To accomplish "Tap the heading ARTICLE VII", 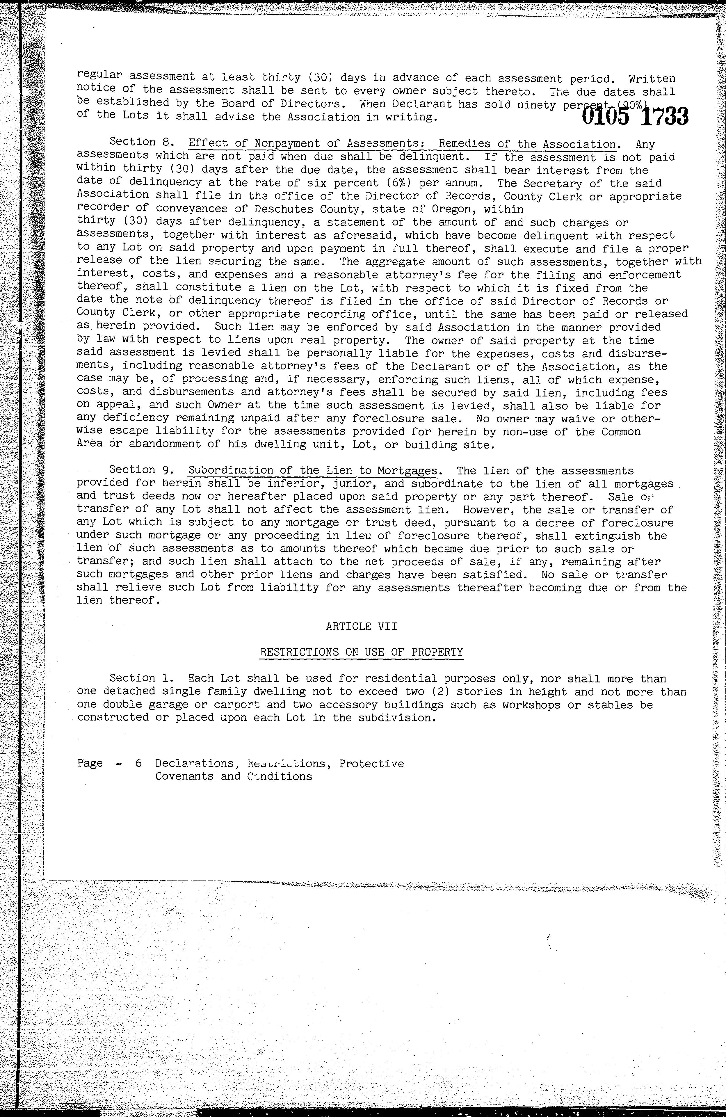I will [361, 626].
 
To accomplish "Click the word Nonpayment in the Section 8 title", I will [286, 143].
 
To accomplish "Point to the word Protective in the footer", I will [371, 764].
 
